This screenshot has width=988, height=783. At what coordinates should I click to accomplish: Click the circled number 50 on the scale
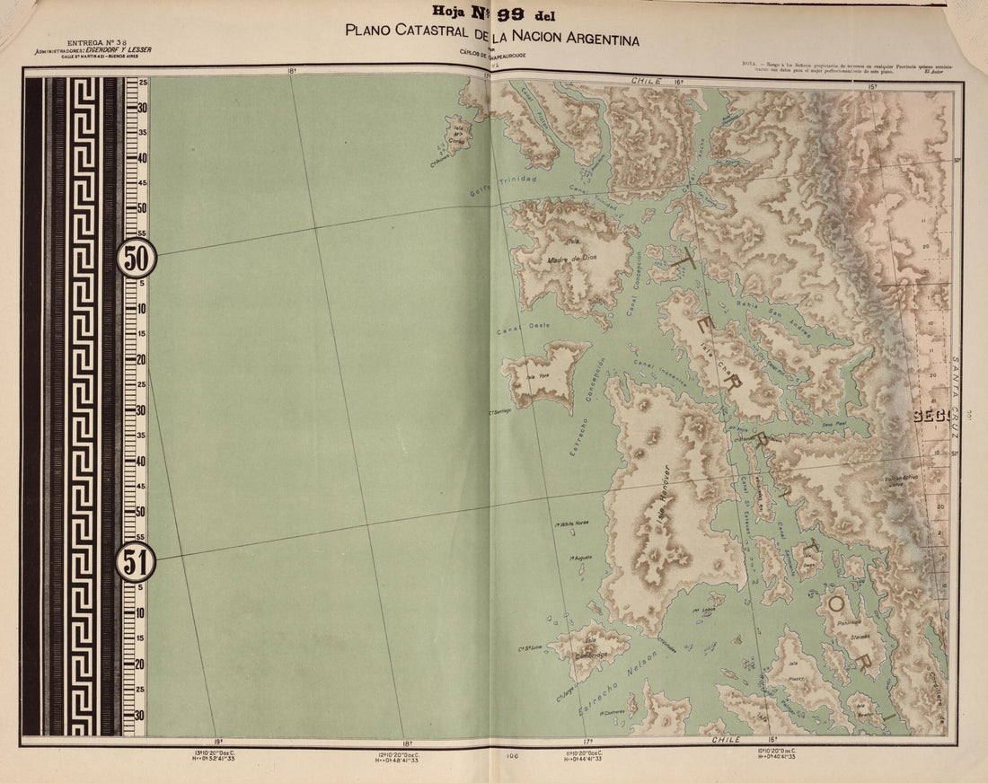point(136,258)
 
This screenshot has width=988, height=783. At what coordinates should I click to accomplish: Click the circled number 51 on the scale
point(136,563)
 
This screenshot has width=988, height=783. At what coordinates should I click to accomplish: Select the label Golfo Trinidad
point(503,186)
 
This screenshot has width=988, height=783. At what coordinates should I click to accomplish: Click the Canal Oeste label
point(523,329)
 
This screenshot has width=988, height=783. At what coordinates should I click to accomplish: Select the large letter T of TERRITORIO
point(686,260)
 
